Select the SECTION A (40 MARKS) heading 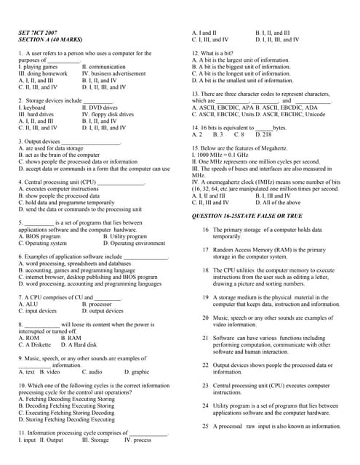(50, 40)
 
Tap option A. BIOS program (39, 236)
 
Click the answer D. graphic (136, 371)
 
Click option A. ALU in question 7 (30, 304)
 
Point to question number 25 (205, 426)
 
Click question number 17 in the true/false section (205, 250)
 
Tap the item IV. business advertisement (113, 73)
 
